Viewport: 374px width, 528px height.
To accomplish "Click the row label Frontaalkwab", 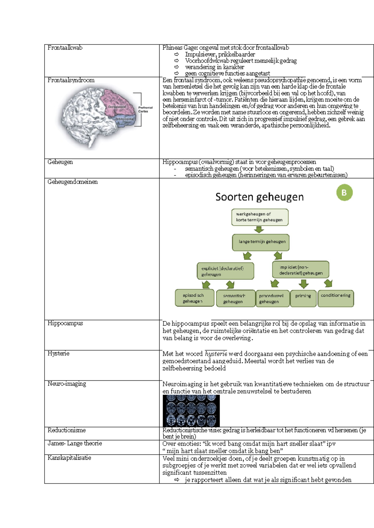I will pyautogui.click(x=65, y=48).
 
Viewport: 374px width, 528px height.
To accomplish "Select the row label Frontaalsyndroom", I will pyautogui.click(x=71, y=80).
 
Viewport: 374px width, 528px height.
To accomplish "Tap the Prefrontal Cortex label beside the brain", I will pyautogui.click(x=145, y=109).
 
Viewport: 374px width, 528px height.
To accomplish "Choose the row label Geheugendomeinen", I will pyautogui.click(x=72, y=182).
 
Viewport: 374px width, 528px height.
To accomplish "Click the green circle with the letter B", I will pyautogui.click(x=344, y=193).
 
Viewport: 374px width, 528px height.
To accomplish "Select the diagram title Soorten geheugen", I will pyautogui.click(x=259, y=197).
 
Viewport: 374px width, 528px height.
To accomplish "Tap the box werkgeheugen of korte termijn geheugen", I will pyautogui.click(x=260, y=217).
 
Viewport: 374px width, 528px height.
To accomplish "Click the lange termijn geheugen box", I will pyautogui.click(x=261, y=242).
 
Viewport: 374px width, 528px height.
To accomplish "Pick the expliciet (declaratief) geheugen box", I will pyautogui.click(x=225, y=271).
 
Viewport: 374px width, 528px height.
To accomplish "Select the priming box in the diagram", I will pyautogui.click(x=303, y=298).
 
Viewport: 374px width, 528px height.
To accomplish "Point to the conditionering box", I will pyautogui.click(x=335, y=298).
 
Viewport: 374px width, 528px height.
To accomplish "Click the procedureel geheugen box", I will pyautogui.click(x=272, y=299).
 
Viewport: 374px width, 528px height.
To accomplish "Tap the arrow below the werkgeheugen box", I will pyautogui.click(x=259, y=230).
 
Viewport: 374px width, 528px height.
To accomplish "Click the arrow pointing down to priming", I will pyautogui.click(x=303, y=284).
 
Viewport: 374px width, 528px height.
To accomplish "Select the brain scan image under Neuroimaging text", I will pyautogui.click(x=191, y=411).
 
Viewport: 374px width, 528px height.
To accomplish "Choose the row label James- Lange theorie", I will pyautogui.click(x=74, y=443).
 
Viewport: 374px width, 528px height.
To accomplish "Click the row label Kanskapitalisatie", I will pyautogui.click(x=69, y=458).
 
